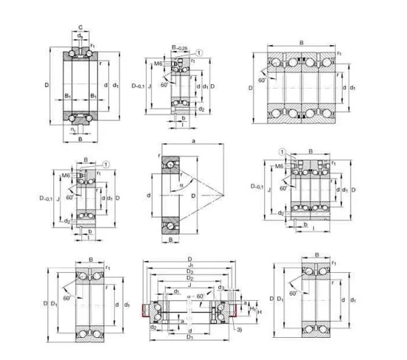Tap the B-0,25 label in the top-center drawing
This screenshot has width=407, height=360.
178,49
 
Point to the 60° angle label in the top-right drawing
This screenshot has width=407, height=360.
263,79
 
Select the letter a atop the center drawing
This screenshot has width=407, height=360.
192,140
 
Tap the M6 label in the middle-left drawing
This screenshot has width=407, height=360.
67,174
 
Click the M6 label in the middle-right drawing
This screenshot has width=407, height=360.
279,167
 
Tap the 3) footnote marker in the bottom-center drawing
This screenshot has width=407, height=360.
238,319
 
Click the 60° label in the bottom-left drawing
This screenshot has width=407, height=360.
67,298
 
